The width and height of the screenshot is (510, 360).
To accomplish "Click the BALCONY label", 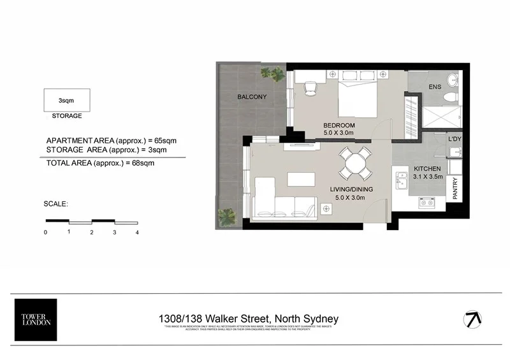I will (x=252, y=97).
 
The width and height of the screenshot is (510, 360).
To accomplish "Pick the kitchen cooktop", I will (x=427, y=203).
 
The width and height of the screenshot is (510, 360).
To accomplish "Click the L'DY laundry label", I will (x=455, y=138).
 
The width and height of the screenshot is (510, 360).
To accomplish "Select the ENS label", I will (x=435, y=87).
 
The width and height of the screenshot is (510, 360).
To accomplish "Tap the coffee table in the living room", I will (x=301, y=179).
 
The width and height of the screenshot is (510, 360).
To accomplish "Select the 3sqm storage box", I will (x=66, y=101).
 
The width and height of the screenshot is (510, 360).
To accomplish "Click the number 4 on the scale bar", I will (x=138, y=233).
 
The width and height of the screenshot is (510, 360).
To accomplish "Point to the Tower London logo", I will (x=35, y=319).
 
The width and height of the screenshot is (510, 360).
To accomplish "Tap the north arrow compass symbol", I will (x=472, y=319).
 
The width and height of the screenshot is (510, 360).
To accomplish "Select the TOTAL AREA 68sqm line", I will (x=100, y=163).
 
